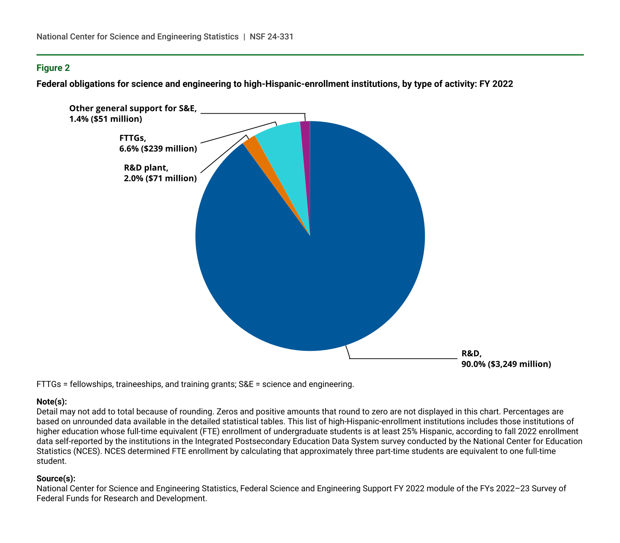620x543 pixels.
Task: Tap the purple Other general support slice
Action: [x=306, y=146]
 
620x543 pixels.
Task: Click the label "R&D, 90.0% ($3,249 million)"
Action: [x=506, y=359]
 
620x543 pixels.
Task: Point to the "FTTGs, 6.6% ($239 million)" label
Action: [x=158, y=143]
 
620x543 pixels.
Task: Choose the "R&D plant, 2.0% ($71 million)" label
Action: [x=160, y=173]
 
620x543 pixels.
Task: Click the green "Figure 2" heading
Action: [x=53, y=68]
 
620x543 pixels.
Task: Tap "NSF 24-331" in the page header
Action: [x=272, y=37]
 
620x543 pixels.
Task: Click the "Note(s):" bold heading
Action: [x=51, y=402]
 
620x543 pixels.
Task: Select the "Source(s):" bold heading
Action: [x=56, y=479]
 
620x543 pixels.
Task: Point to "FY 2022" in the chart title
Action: [x=497, y=84]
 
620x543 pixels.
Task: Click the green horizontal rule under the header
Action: [x=310, y=55]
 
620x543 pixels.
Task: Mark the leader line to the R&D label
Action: [x=401, y=359]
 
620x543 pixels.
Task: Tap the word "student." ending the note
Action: [x=51, y=461]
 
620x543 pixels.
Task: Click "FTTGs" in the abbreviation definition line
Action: [x=48, y=384]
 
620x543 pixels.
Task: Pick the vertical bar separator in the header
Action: [x=244, y=37]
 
